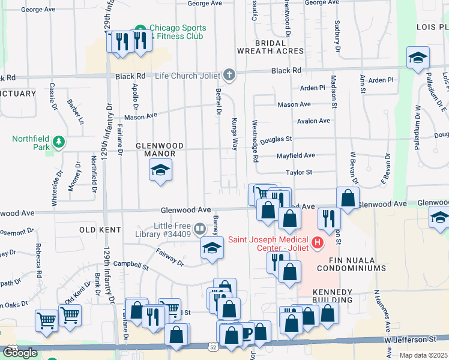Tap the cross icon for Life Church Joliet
point(228,76)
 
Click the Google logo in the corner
point(20,353)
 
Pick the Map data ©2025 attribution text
point(423,355)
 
